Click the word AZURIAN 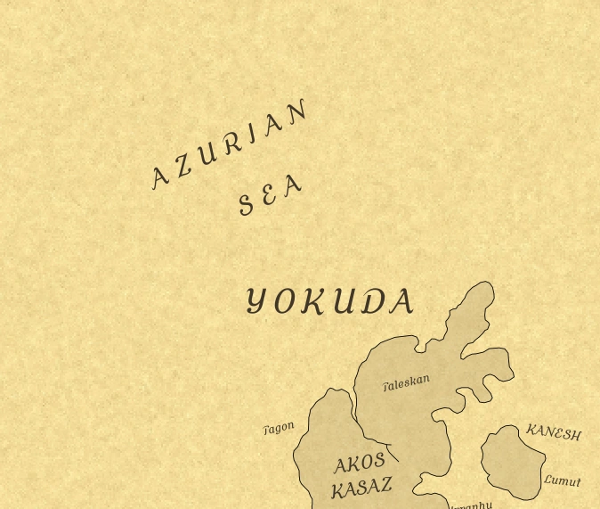click(x=231, y=144)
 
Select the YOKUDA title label click(x=329, y=302)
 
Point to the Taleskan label click(x=407, y=383)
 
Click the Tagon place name click(x=279, y=429)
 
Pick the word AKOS click(x=360, y=464)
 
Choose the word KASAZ click(x=361, y=488)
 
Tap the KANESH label click(x=554, y=432)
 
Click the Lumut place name click(x=563, y=480)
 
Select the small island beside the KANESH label click(x=513, y=461)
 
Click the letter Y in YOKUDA click(x=256, y=301)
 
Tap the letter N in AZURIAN click(x=299, y=111)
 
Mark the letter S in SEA click(x=247, y=205)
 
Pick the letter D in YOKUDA click(x=372, y=303)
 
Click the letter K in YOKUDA click(x=312, y=303)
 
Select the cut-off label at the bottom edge click(x=471, y=505)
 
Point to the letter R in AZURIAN click(x=233, y=143)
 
